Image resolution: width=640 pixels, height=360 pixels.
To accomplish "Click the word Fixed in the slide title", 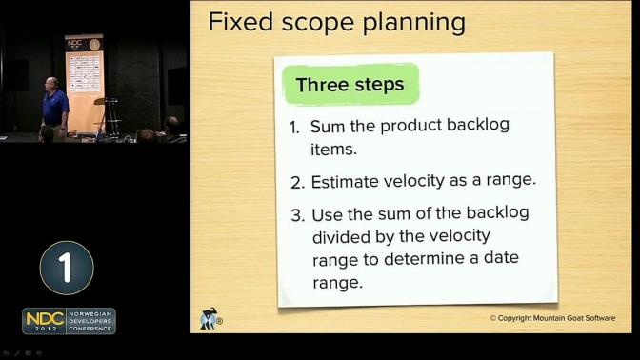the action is pos(240,22).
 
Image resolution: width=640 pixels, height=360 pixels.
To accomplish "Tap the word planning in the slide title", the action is pos(414,24).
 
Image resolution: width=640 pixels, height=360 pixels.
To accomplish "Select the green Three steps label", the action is pos(350,85).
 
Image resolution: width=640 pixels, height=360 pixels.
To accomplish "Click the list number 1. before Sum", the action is pos(294,128).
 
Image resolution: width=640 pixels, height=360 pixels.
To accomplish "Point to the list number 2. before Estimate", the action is pos(298,183).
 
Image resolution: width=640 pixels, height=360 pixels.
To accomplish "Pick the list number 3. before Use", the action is pos(298,215).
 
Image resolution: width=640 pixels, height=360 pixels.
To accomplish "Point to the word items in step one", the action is pos(333,150).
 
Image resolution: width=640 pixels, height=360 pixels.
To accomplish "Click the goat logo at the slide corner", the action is pos(210,318).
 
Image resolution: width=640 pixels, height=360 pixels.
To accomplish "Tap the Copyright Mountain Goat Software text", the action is pos(552,318).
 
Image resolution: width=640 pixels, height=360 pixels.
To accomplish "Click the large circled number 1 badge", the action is pos(67,268).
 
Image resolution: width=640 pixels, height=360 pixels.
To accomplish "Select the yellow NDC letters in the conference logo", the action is pos(45,318).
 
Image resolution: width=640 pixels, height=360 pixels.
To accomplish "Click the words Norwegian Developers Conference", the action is pos(90,321).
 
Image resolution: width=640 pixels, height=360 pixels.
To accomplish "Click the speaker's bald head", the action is pos(51,82).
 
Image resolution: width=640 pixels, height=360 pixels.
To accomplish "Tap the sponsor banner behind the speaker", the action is pos(84,85).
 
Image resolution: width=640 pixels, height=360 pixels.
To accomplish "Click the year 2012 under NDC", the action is pos(46,329).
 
